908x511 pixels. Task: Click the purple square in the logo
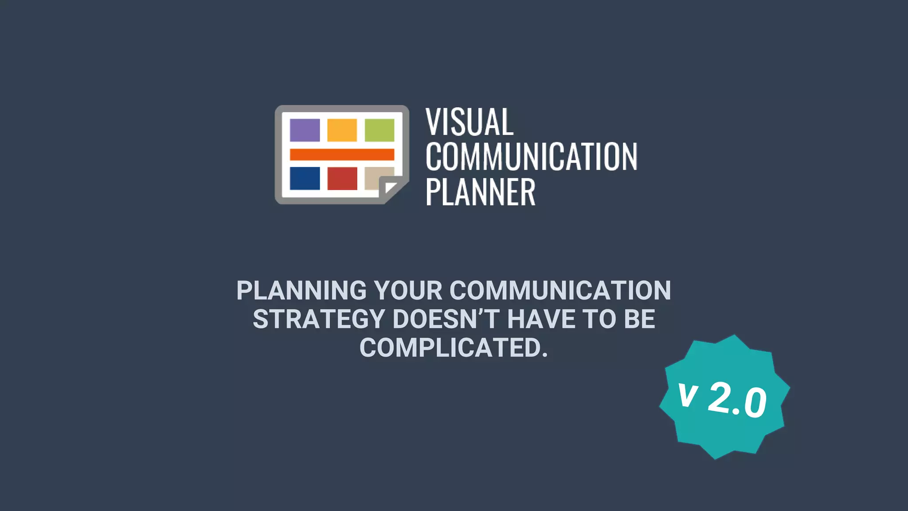pyautogui.click(x=305, y=130)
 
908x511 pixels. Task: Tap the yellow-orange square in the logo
pyautogui.click(x=342, y=130)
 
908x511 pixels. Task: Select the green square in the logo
pyautogui.click(x=380, y=130)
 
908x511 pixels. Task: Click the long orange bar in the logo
pyautogui.click(x=342, y=154)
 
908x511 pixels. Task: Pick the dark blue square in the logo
pyautogui.click(x=305, y=178)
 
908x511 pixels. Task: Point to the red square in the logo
pyautogui.click(x=342, y=178)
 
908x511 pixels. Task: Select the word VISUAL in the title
pyautogui.click(x=470, y=122)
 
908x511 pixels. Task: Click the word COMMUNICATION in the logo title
pyautogui.click(x=531, y=157)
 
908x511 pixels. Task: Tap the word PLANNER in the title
pyautogui.click(x=480, y=192)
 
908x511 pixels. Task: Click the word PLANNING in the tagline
pyautogui.click(x=301, y=291)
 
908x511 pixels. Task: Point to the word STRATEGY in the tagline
pyautogui.click(x=319, y=319)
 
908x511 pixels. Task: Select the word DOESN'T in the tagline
pyautogui.click(x=446, y=319)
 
